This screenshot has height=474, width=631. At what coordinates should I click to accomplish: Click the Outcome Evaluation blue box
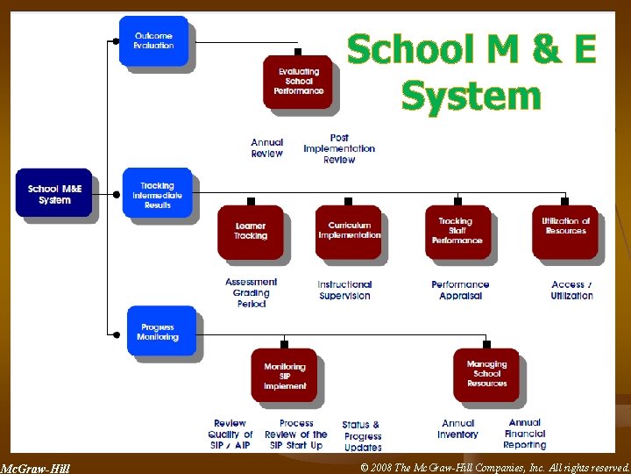click(153, 40)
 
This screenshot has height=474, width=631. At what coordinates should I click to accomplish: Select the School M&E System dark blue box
click(53, 194)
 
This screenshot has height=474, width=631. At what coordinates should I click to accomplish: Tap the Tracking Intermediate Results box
click(158, 195)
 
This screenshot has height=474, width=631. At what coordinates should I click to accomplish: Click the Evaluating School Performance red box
click(298, 82)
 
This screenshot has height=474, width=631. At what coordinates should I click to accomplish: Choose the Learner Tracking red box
click(251, 232)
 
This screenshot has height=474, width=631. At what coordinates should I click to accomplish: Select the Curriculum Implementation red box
click(349, 231)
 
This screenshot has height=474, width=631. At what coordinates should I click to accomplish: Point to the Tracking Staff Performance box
click(457, 231)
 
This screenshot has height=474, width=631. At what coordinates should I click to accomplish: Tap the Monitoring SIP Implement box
click(285, 376)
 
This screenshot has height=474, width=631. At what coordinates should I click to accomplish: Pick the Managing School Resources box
click(486, 374)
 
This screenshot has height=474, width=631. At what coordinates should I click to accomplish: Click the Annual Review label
click(267, 148)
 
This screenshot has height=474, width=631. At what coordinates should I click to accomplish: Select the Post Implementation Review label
click(339, 149)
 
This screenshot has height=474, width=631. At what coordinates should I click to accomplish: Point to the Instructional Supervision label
click(344, 291)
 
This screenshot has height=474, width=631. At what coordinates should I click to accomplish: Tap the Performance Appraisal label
click(460, 291)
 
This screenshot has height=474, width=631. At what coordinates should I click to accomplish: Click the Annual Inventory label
click(457, 429)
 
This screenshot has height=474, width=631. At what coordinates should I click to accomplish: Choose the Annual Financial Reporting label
click(525, 434)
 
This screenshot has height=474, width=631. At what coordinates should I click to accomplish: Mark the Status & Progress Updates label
click(362, 435)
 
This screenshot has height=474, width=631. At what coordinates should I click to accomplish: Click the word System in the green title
click(471, 95)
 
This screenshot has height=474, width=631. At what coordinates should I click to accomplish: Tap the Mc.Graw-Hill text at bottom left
click(35, 468)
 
